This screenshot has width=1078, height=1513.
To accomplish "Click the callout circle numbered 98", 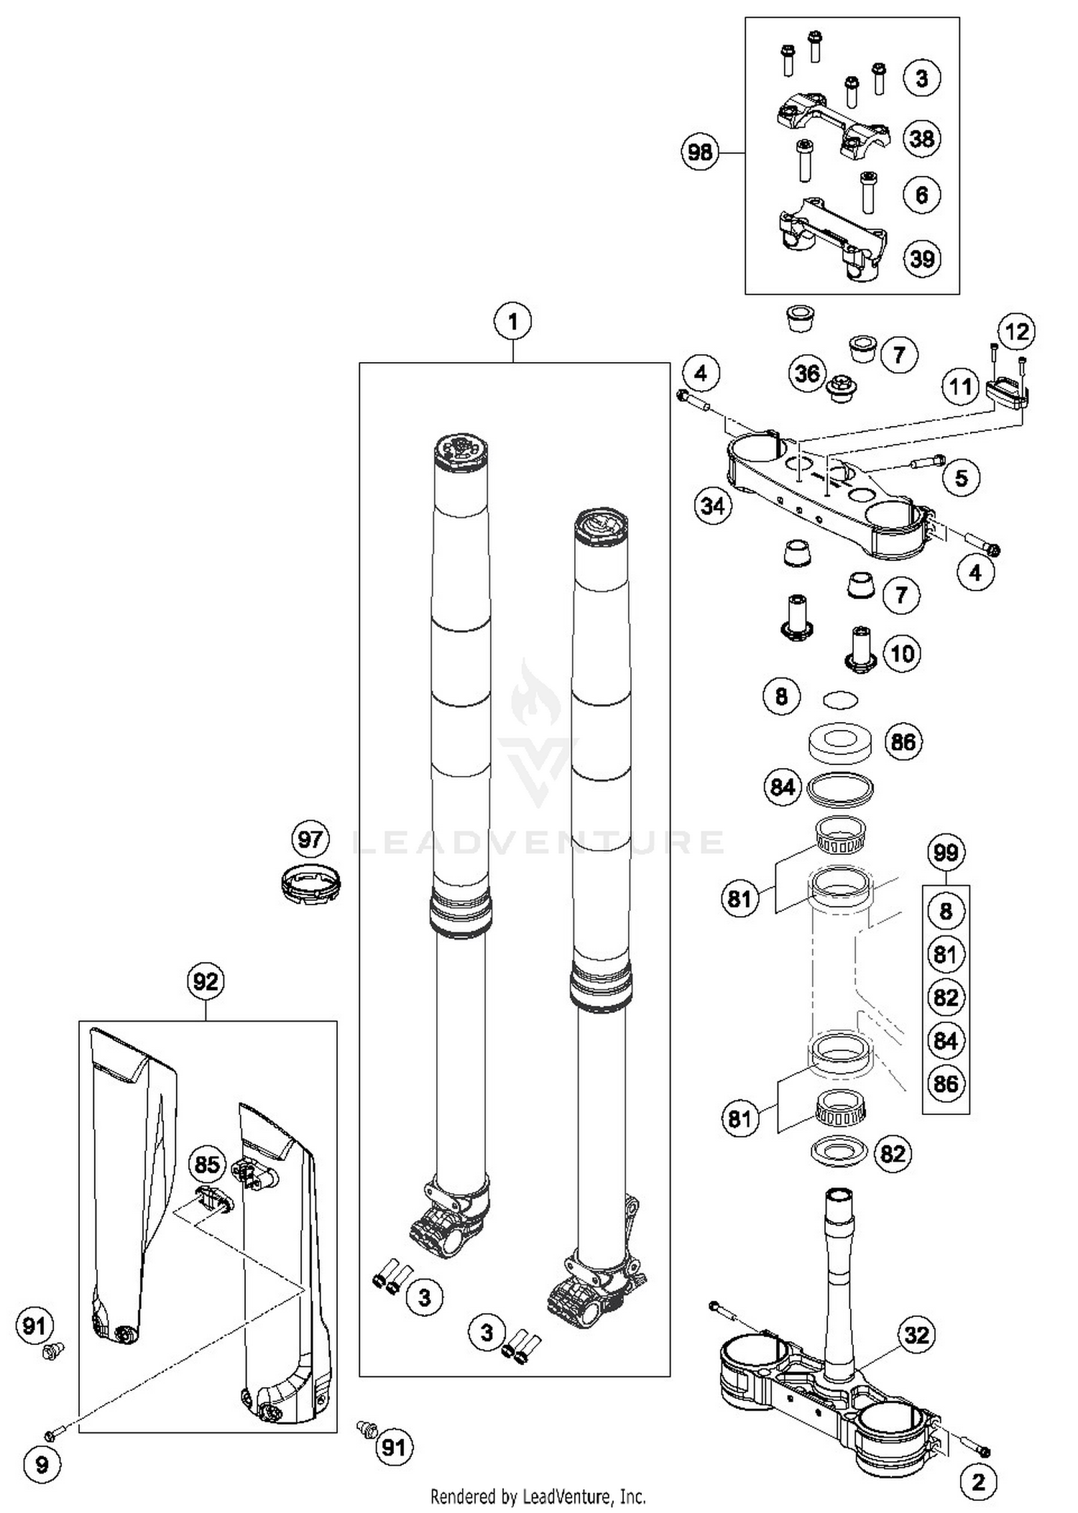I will coord(699,152).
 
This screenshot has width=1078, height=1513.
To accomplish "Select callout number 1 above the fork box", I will coord(512,321).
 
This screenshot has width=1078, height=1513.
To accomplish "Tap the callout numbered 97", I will coord(310,838).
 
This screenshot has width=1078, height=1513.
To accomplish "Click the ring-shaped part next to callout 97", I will coord(310,884).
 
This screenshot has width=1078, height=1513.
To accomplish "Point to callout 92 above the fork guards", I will coord(206,981).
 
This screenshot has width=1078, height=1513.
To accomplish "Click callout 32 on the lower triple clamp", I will coord(917,1335).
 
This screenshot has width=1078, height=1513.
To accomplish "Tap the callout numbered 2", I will coord(978,1481).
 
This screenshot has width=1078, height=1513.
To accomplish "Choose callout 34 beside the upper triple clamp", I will coord(712,506).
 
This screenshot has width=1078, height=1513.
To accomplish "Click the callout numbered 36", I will coord(807,373).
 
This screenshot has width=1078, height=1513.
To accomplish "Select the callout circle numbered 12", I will coord(1016,331).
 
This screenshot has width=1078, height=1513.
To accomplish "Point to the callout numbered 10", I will coord(902,653).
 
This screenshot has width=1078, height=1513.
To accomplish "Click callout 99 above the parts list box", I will coord(946,852).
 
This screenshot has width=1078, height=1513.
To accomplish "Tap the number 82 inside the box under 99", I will coord(946,997).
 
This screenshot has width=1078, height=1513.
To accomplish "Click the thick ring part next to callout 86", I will coord(840,742).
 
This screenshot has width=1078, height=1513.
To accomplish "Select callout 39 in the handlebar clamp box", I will coord(922,259).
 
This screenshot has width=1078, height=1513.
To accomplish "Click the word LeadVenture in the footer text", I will coord(567,1496).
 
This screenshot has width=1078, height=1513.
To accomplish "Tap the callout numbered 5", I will coord(962,478).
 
